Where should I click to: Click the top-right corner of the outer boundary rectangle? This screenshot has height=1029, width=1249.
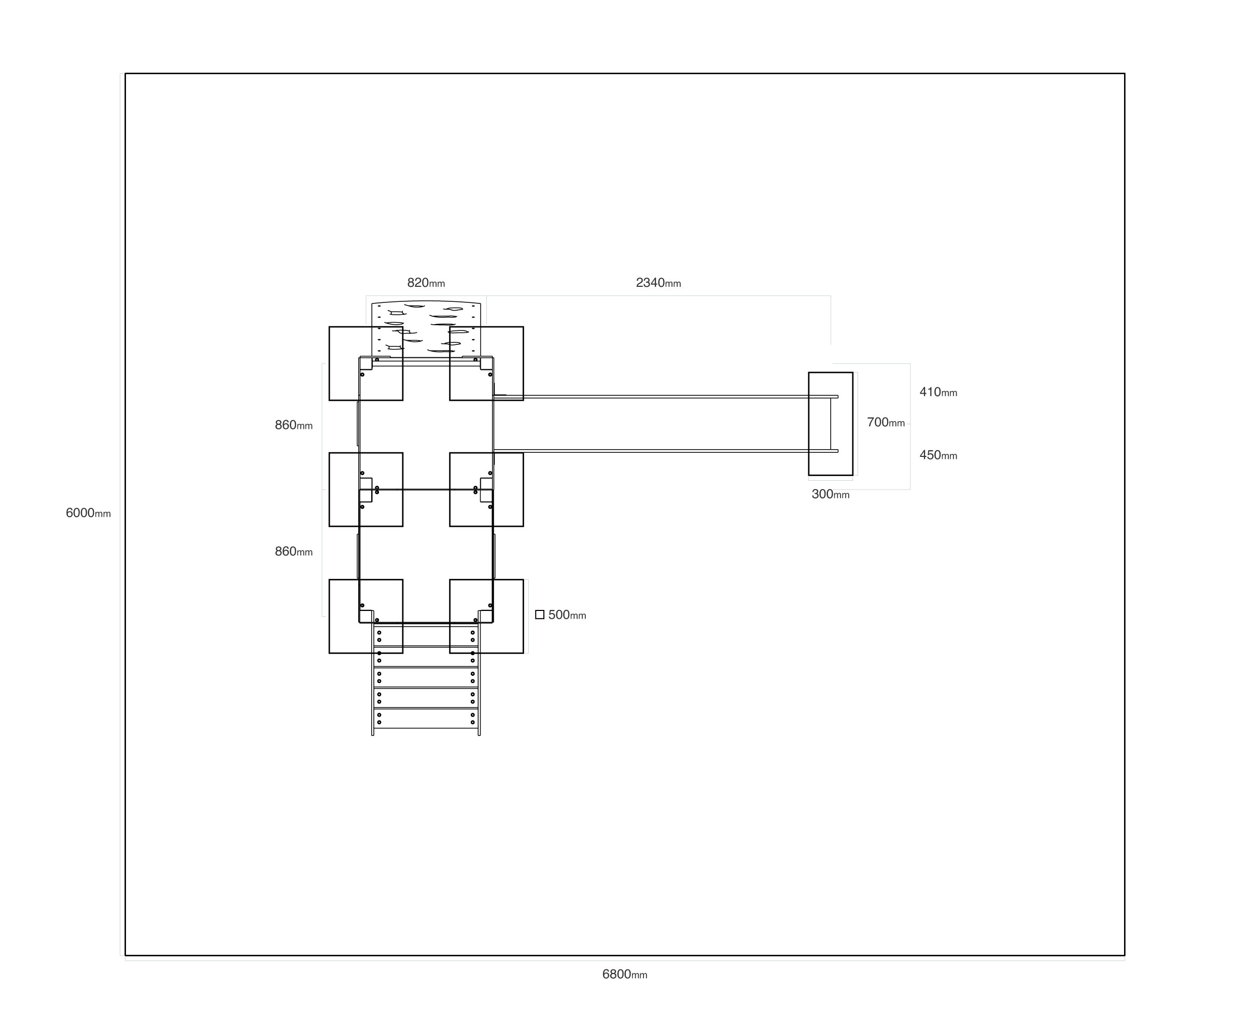click(x=1124, y=74)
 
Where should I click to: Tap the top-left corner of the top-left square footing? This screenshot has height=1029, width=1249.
click(x=329, y=327)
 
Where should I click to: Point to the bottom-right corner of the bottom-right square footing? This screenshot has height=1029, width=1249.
click(x=523, y=653)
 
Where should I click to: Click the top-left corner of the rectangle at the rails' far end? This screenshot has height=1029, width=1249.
click(x=809, y=373)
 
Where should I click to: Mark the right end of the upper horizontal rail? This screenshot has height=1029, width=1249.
click(x=838, y=397)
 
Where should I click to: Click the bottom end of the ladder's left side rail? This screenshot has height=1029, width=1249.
click(x=373, y=735)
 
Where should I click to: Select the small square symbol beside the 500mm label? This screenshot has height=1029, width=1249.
click(x=540, y=615)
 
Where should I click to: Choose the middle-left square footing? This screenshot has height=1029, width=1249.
click(x=366, y=490)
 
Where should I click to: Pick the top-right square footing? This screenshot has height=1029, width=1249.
click(x=486, y=364)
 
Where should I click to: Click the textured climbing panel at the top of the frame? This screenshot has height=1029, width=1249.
click(x=426, y=329)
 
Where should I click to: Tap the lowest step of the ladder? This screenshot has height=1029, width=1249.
click(x=426, y=718)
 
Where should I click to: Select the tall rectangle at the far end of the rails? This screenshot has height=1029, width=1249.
click(x=831, y=424)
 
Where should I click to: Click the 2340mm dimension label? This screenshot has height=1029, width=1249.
click(x=658, y=283)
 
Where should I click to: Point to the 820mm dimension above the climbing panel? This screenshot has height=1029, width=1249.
click(x=426, y=283)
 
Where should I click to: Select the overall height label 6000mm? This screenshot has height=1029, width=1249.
click(x=88, y=513)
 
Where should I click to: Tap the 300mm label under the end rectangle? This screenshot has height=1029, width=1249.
click(x=830, y=494)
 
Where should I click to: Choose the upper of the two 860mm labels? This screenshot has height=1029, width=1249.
click(x=294, y=425)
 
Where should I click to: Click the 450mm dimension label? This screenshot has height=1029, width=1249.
click(x=938, y=455)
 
